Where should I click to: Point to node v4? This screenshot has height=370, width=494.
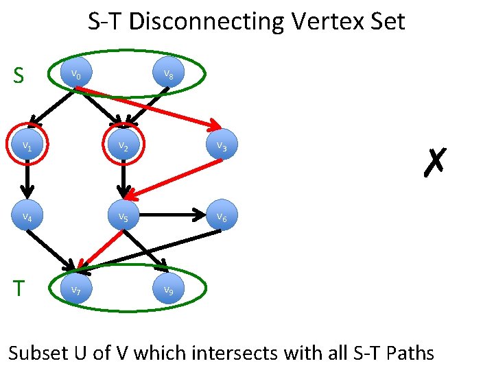click(27, 217)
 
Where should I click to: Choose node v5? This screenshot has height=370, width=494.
click(123, 217)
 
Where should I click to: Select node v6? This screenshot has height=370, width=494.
click(222, 217)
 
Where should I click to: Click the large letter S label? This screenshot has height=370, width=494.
click(19, 75)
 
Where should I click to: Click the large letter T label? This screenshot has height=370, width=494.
click(19, 288)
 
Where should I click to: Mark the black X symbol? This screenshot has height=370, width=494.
click(435, 162)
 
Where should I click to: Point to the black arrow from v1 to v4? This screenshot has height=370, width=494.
click(27, 182)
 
